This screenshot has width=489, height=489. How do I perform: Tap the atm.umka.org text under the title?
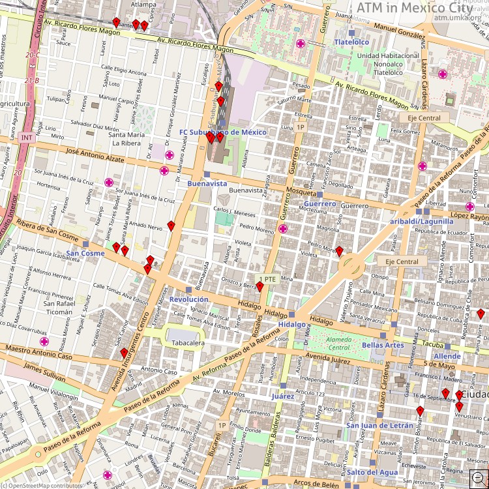(x=457, y=18)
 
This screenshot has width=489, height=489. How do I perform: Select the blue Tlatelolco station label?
(x=351, y=42)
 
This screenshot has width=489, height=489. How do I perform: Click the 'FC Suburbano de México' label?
(x=223, y=132)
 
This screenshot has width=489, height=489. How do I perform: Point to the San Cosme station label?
(x=85, y=253)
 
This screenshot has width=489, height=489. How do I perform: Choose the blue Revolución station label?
(x=188, y=299)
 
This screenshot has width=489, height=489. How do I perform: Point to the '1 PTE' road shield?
(x=268, y=278)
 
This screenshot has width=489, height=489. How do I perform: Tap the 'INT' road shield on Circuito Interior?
(x=27, y=138)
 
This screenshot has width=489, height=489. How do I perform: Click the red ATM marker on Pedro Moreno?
(x=339, y=250)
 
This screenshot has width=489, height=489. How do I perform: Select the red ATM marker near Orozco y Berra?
(x=259, y=286)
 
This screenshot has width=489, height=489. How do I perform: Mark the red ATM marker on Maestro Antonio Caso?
(x=124, y=353)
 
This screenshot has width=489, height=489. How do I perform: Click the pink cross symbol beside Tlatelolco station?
(x=301, y=44)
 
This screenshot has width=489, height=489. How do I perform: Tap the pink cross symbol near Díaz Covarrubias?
(x=44, y=341)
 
